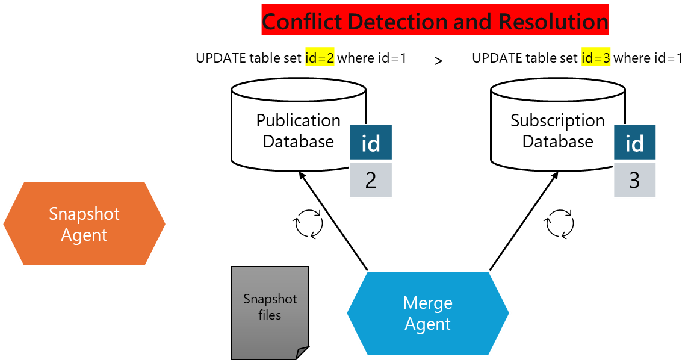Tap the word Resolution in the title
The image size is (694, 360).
(x=553, y=22)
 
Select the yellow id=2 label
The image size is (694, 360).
(x=320, y=58)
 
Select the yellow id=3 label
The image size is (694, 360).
(x=596, y=58)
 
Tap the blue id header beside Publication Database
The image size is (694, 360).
(x=371, y=143)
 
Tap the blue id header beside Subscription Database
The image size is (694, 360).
(x=634, y=143)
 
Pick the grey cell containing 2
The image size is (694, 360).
(x=371, y=180)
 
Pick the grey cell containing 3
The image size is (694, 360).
(x=634, y=180)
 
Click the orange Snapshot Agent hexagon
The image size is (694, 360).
(x=84, y=224)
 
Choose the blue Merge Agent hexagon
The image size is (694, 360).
(x=428, y=313)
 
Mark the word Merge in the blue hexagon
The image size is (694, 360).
(x=428, y=303)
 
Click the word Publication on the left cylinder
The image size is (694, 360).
(x=299, y=120)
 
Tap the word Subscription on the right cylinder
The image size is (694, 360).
(x=557, y=120)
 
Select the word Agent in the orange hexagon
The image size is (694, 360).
(x=84, y=235)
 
